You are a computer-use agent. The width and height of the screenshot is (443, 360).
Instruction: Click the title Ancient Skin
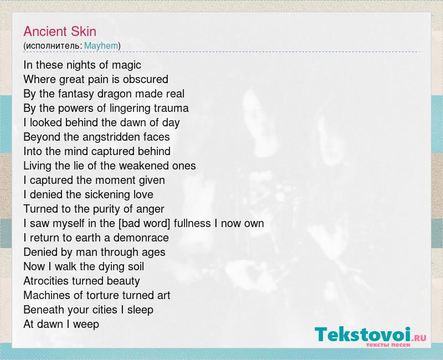coord(60,32)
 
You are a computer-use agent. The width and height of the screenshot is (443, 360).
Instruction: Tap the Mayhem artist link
coord(101,46)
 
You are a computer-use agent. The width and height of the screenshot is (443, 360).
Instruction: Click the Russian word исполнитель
coord(53,46)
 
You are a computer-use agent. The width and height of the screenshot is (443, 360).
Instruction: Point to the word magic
coord(126,65)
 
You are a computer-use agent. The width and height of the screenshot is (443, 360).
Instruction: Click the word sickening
coord(111,195)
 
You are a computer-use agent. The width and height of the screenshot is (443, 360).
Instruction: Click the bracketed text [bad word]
coord(145,224)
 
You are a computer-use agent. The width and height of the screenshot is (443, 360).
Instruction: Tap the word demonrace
coord(141,238)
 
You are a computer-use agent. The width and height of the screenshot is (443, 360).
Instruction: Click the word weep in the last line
coord(86,325)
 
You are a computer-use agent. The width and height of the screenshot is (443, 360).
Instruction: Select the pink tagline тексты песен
coord(388,344)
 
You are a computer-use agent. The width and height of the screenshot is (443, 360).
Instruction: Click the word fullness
coord(192,224)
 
